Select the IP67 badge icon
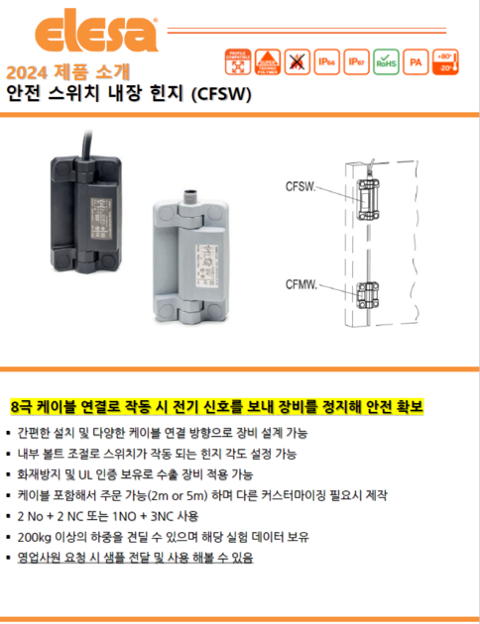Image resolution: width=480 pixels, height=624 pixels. pyautogui.click(x=356, y=64)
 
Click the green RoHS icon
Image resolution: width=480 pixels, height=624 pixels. pyautogui.click(x=387, y=64)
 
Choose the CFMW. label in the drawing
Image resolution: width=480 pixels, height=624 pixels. pyautogui.click(x=303, y=284)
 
